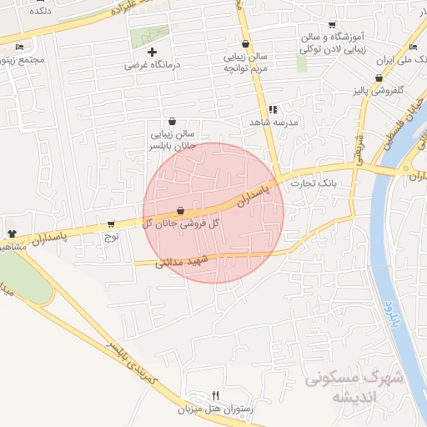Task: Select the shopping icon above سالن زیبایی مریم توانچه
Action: [245, 44]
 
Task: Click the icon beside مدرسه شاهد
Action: [272, 109]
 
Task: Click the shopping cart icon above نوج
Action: [111, 224]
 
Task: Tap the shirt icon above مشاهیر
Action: [12, 234]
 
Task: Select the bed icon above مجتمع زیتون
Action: [18, 48]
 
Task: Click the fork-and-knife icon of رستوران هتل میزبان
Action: [216, 395]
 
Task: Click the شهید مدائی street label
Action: [179, 263]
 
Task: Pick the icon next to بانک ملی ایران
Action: [414, 47]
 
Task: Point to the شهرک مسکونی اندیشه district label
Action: [354, 385]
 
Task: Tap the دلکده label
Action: [39, 13]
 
